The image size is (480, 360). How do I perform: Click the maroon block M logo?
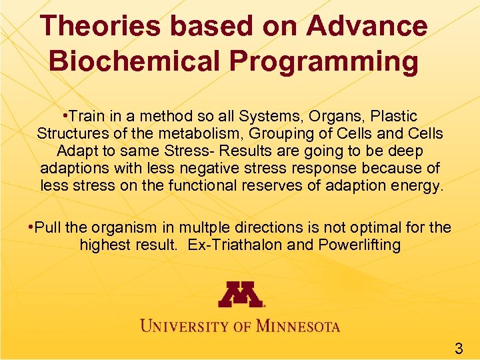[x=240, y=293]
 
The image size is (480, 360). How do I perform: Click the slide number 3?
[x=459, y=347]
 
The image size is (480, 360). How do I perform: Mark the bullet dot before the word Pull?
[x=31, y=227]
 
